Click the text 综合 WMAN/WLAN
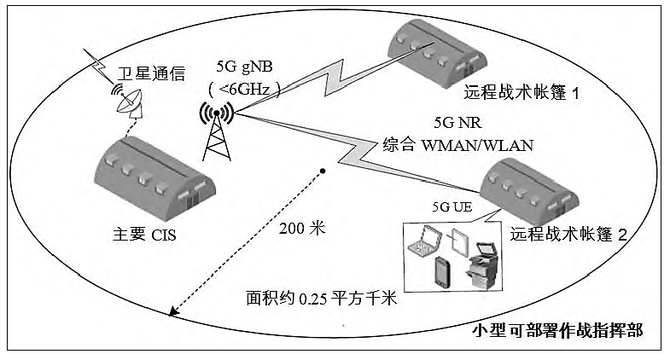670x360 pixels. click(457, 145)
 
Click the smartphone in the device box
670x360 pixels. click(443, 270)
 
